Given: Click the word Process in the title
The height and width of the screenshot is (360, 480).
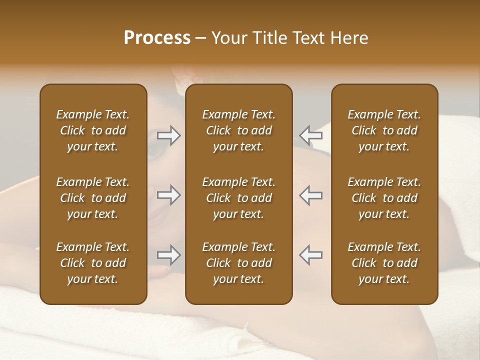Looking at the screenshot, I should tap(157, 38).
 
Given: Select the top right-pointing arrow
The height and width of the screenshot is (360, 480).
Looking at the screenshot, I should tap(169, 135).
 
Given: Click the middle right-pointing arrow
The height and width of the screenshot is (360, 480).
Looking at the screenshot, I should tap(169, 195).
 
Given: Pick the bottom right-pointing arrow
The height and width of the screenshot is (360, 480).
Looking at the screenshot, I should tap(169, 255).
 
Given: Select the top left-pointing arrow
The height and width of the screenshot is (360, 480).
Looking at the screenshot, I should tap(310, 135).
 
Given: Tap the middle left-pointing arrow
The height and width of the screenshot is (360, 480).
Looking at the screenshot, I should tap(310, 195).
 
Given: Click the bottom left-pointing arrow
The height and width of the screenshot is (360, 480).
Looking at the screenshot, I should tap(310, 255).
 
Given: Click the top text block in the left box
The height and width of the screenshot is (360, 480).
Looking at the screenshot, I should tap(93, 130).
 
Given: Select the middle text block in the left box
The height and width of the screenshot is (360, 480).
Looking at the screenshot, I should tap(93, 198).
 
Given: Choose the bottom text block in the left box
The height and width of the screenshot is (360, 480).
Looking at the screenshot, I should tap(93, 263).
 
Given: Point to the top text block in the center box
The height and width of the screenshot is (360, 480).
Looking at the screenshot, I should tap(238, 130).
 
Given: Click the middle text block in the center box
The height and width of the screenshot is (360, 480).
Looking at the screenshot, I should tap(238, 198).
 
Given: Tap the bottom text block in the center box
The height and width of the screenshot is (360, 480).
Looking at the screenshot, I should tap(238, 263).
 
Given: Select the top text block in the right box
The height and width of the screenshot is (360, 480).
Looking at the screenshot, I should tap(384, 130).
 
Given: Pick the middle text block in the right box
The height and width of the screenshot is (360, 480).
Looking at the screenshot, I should tap(384, 198).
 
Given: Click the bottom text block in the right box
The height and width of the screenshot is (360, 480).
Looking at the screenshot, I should tap(384, 263).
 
